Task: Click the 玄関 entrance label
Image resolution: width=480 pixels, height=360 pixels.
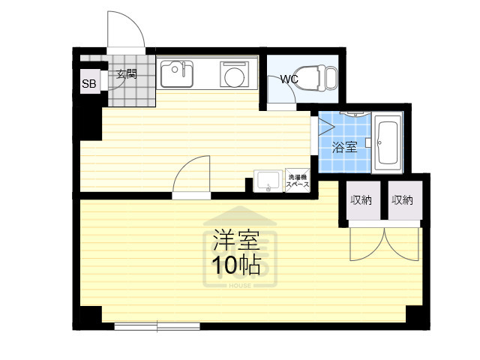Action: [126, 73]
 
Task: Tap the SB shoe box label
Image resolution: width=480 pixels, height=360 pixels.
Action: [88, 84]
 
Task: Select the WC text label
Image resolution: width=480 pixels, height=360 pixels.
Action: [289, 79]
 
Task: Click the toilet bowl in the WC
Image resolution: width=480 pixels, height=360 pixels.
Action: [322, 77]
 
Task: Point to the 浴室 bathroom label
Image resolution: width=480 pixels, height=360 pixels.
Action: [345, 146]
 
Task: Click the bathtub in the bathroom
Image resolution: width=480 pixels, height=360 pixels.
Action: [389, 142]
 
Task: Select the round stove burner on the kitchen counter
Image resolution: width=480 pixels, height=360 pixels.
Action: [232, 76]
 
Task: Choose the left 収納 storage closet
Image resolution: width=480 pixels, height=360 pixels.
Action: [360, 200]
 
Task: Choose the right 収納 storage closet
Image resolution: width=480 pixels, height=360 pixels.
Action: [402, 200]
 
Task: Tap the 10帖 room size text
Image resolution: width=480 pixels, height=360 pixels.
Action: [235, 264]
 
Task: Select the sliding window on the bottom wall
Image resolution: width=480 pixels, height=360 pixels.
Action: [157, 326]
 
